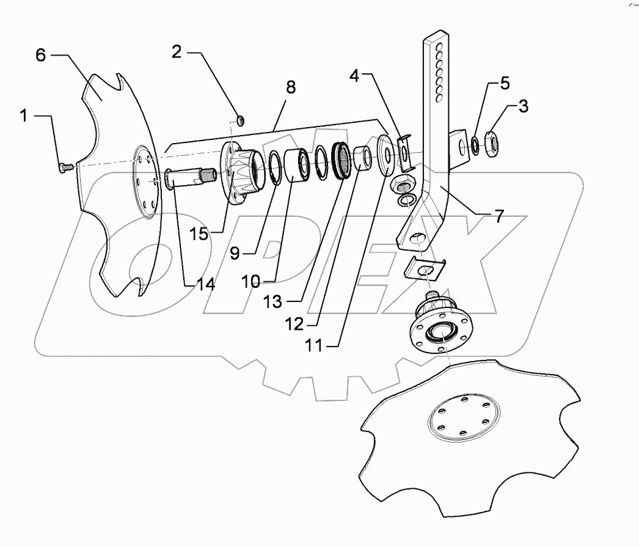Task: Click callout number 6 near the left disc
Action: coord(40,55)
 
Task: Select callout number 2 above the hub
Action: coord(176,53)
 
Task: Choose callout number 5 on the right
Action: coord(504,84)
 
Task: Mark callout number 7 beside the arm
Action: coord(499,216)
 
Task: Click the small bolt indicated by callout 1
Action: coord(65,165)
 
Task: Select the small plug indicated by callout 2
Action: coord(240,119)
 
